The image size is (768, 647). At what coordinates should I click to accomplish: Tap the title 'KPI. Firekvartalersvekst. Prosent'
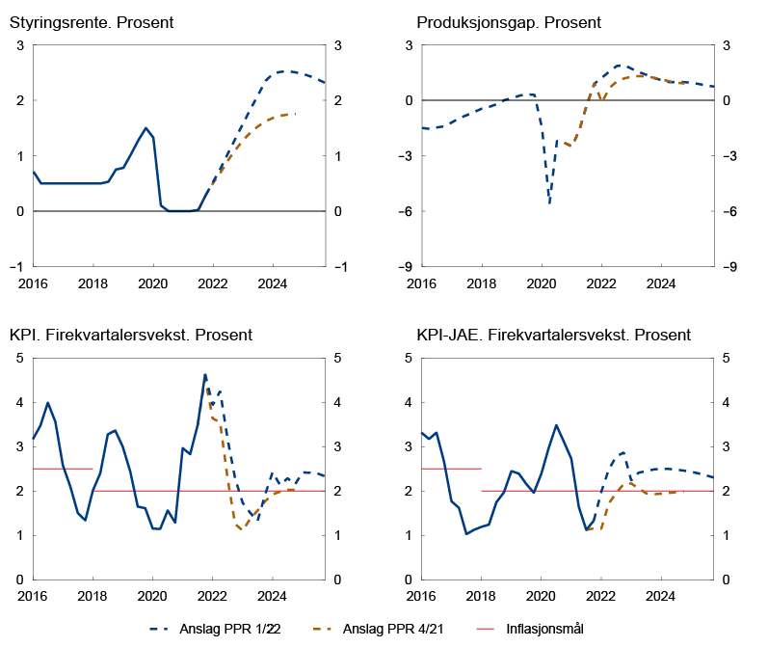coord(130,336)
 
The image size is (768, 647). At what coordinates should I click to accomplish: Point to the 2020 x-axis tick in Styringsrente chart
coord(153,284)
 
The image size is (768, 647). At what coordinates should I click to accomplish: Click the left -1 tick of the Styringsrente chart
coord(18,267)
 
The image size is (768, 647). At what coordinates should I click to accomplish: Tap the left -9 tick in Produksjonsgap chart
coord(408,267)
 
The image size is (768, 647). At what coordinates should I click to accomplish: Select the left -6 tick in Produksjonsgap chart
coord(408,211)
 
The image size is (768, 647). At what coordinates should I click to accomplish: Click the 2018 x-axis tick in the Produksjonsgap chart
coord(481,284)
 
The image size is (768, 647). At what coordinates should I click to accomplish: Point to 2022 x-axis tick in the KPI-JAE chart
coord(601,597)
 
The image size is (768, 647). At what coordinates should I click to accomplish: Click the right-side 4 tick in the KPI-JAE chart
coord(726,402)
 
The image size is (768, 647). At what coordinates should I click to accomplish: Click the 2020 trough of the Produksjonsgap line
coord(549,203)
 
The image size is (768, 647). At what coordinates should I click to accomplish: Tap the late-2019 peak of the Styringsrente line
coord(146,127)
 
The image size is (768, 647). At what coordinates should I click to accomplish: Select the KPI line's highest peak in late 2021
coord(204,374)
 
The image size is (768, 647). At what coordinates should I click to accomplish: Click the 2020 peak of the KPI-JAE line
coord(556,425)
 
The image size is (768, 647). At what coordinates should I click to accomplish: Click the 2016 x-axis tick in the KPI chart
coord(34,597)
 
